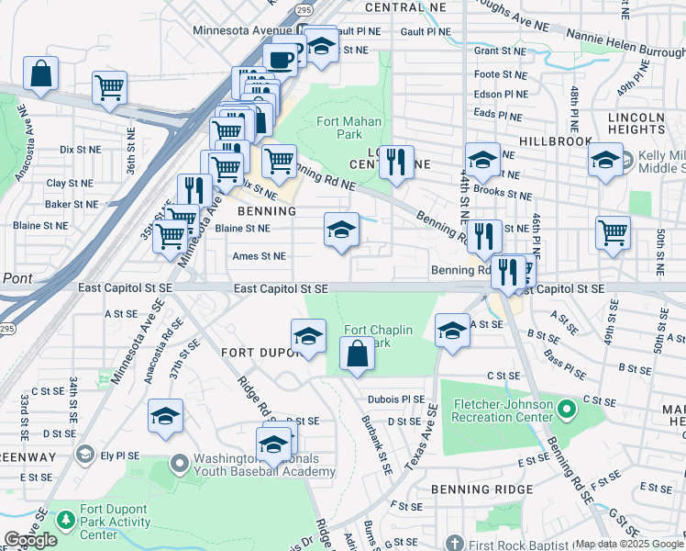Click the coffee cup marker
281,59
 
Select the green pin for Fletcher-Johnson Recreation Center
566,408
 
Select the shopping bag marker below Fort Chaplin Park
356,354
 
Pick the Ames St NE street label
259,257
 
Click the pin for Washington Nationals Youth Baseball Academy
179,460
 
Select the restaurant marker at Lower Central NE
396,163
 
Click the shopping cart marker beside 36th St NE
109,88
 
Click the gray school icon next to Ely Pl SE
84,454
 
